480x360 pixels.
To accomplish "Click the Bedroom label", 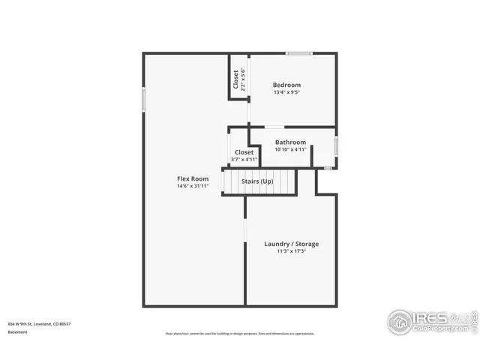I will coord(286,85).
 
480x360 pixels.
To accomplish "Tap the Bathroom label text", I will coord(290,142).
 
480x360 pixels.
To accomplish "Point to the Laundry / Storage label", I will coord(291,244).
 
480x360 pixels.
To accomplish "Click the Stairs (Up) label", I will coord(257,181).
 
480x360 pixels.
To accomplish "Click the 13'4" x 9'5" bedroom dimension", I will coord(286,93).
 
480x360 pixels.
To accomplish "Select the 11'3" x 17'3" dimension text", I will coord(291,252).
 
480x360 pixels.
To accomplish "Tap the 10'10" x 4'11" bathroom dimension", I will coord(290,149).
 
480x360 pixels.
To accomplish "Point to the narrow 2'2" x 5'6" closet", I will coord(238,79).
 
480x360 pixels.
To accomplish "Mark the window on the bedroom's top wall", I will coord(299,53).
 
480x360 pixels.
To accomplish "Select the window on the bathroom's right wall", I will coord(336,146).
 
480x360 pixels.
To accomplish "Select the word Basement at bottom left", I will coord(17,331).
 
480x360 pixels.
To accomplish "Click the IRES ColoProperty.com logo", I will coord(427,322).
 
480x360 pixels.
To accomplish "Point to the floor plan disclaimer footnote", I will coord(239,334).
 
